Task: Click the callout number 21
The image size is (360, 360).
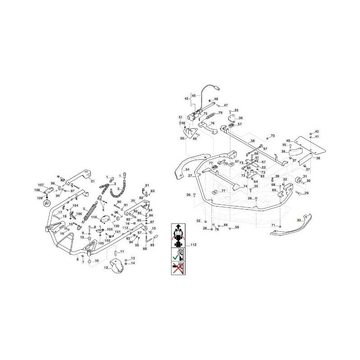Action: coord(92,181)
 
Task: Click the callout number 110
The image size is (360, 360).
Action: coord(94,216)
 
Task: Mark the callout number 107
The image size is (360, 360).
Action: coord(40,185)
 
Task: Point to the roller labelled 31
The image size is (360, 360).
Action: coord(297,180)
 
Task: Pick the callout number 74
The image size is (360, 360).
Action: coord(245,186)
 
